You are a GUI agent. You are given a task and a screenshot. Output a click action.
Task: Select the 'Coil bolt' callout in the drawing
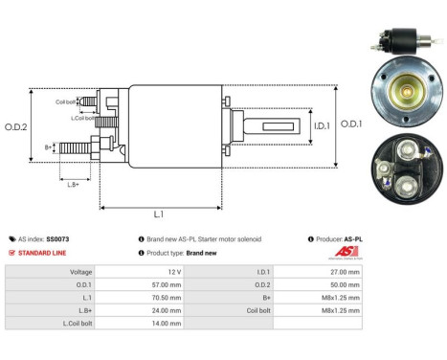pos(65,101)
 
